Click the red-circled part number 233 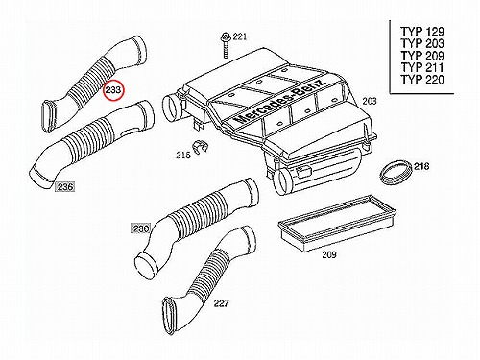[x=113, y=90]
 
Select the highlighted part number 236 [x=65, y=186]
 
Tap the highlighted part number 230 [x=141, y=228]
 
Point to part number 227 [x=222, y=302]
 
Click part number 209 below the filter [x=329, y=254]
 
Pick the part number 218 [x=421, y=166]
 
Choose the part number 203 [x=370, y=101]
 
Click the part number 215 [x=183, y=156]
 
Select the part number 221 [x=239, y=36]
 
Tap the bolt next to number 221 [x=226, y=45]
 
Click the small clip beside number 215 [x=200, y=147]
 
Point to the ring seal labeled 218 [x=396, y=173]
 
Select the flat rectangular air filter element [x=337, y=224]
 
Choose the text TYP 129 [x=422, y=32]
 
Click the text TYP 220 [x=422, y=80]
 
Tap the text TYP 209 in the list [x=422, y=56]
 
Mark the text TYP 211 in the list [x=422, y=67]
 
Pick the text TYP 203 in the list [x=422, y=43]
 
